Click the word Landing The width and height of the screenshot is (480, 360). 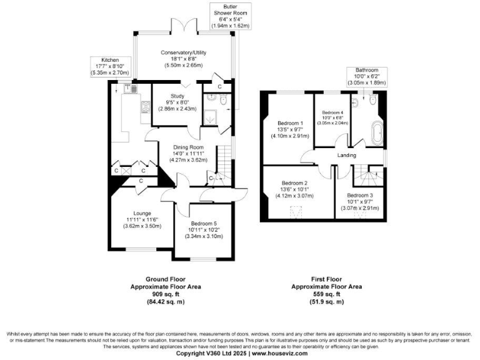(x=346, y=155)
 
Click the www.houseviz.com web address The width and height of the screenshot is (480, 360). (x=279, y=353)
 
